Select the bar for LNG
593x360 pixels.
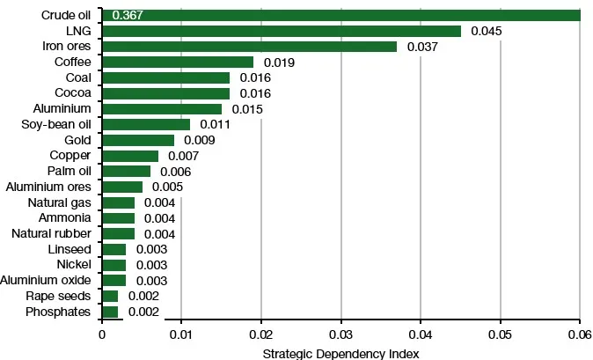pyautogui.click(x=282, y=31)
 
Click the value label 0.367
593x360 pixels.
pyautogui.click(x=128, y=16)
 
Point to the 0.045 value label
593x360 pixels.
pyautogui.click(x=487, y=31)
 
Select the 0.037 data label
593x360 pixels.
pyautogui.click(x=423, y=47)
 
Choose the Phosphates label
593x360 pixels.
pyautogui.click(x=59, y=312)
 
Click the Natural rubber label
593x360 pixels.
pyautogui.click(x=51, y=233)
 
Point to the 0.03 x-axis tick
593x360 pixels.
pyautogui.click(x=340, y=335)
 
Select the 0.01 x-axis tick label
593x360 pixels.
pyautogui.click(x=181, y=335)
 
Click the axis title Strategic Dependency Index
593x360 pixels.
pyautogui.click(x=340, y=352)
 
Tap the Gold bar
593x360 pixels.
pyautogui.click(x=138, y=140)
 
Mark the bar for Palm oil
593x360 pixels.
pyautogui.click(x=126, y=171)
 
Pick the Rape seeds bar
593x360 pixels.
pyautogui.click(x=110, y=296)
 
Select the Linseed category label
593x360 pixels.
pyautogui.click(x=70, y=249)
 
